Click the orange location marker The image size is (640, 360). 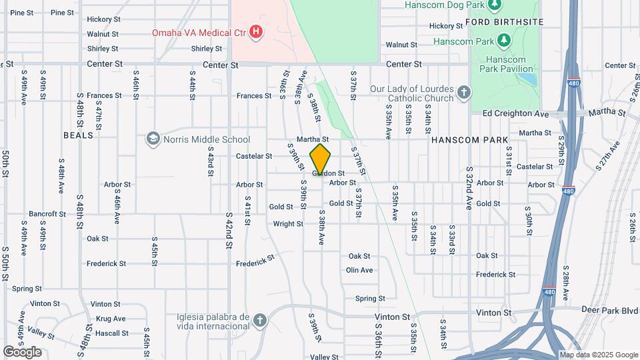(321, 159)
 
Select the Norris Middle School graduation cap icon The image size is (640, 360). (153, 139)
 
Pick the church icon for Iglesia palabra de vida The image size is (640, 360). (260, 321)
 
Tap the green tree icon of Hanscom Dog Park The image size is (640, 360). (494, 6)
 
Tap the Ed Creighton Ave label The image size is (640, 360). (515, 114)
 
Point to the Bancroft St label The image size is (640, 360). (47, 215)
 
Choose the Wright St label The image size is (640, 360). (288, 224)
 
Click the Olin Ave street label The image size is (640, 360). (359, 270)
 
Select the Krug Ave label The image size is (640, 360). (111, 319)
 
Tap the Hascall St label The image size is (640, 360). (111, 333)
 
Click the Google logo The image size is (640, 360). (22, 351)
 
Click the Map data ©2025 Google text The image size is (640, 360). (598, 355)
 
